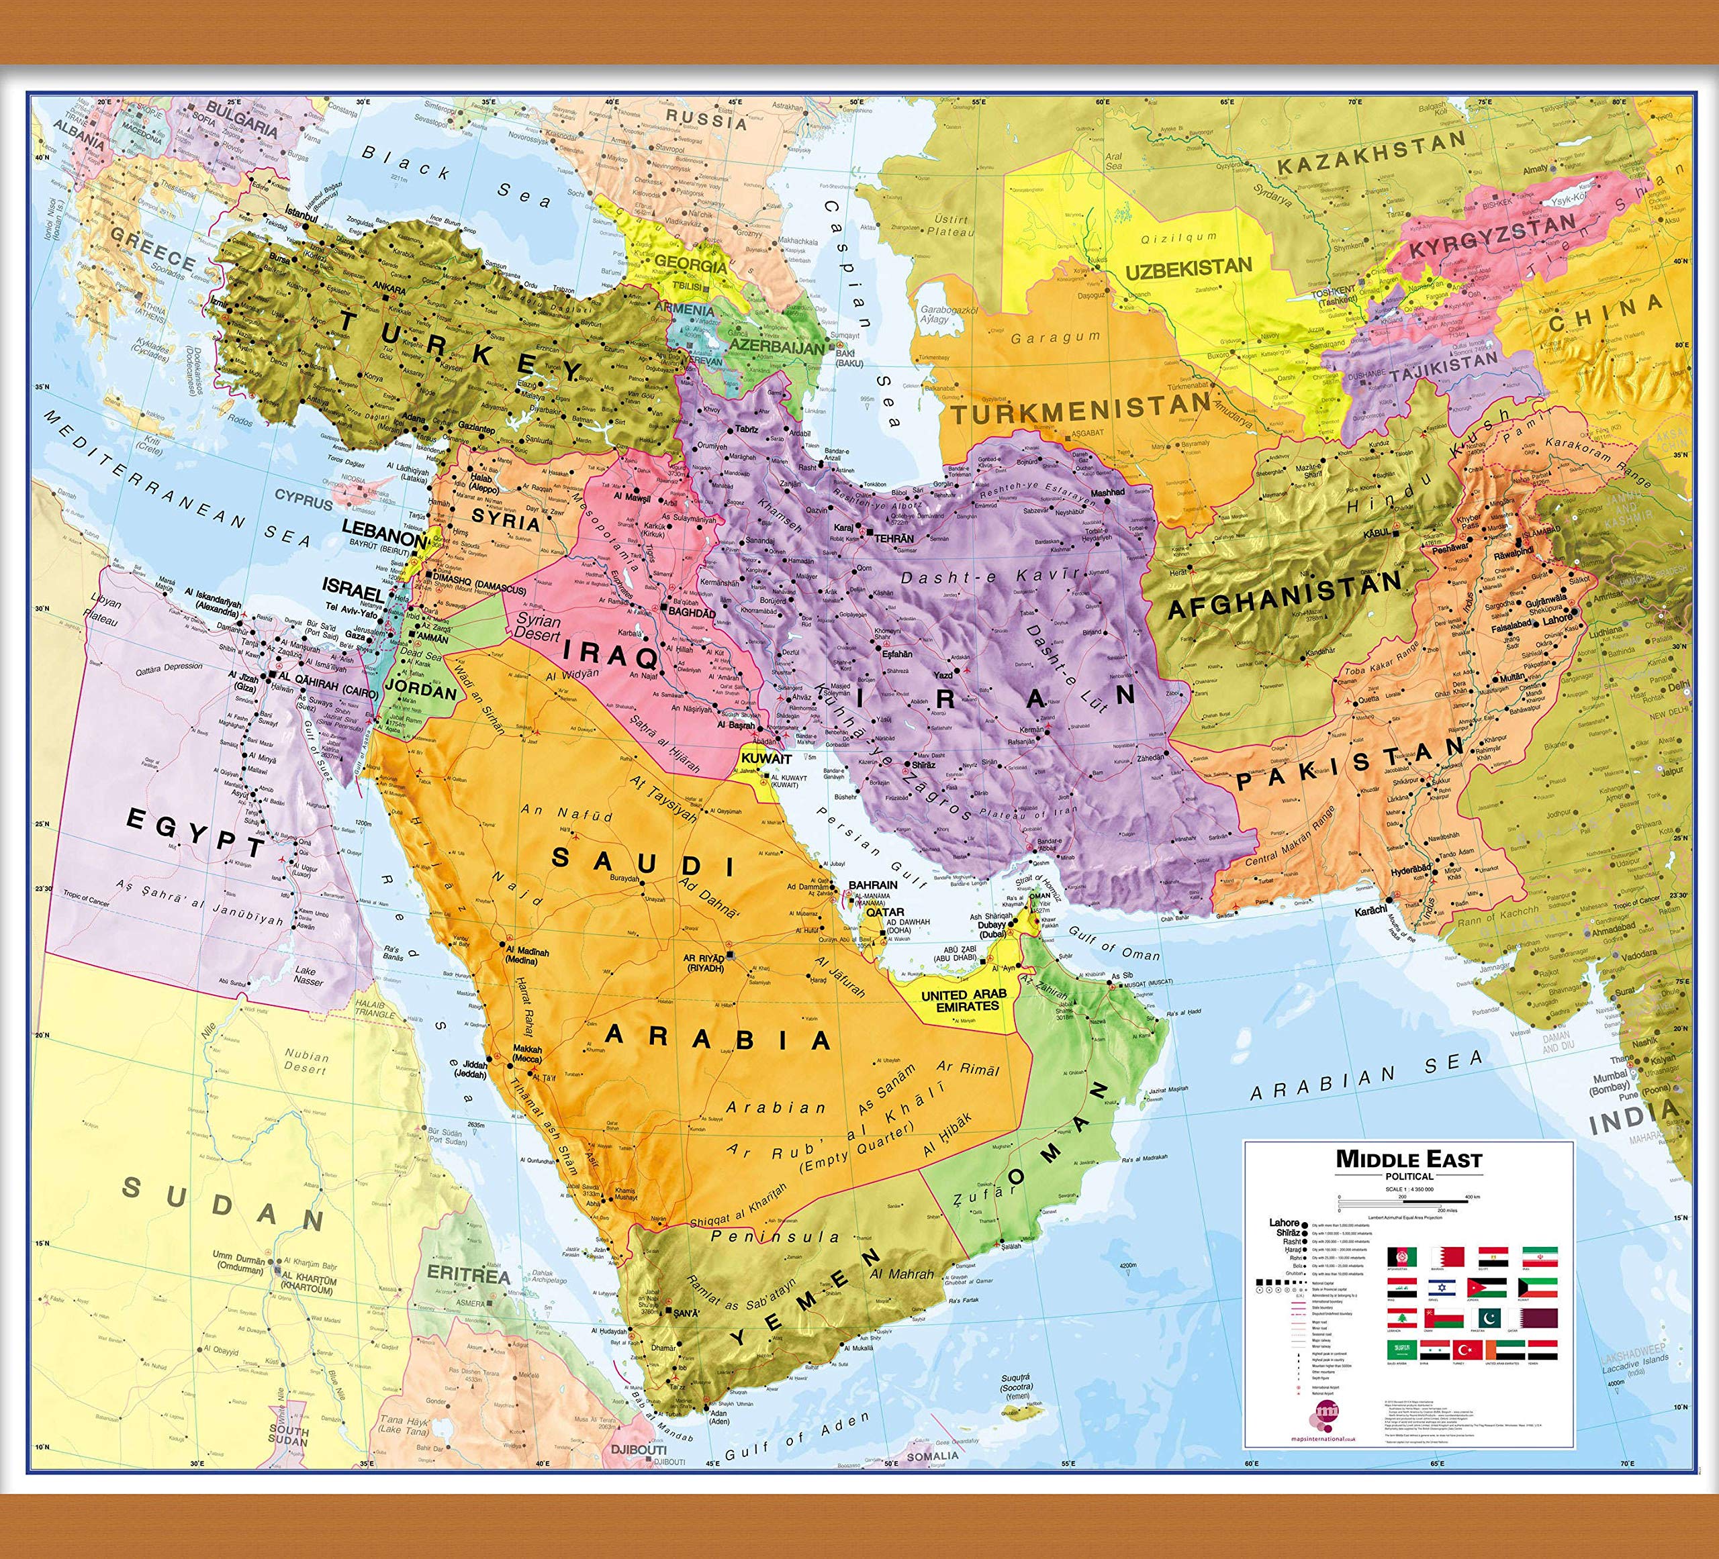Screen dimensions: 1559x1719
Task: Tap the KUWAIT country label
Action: (x=765, y=758)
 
